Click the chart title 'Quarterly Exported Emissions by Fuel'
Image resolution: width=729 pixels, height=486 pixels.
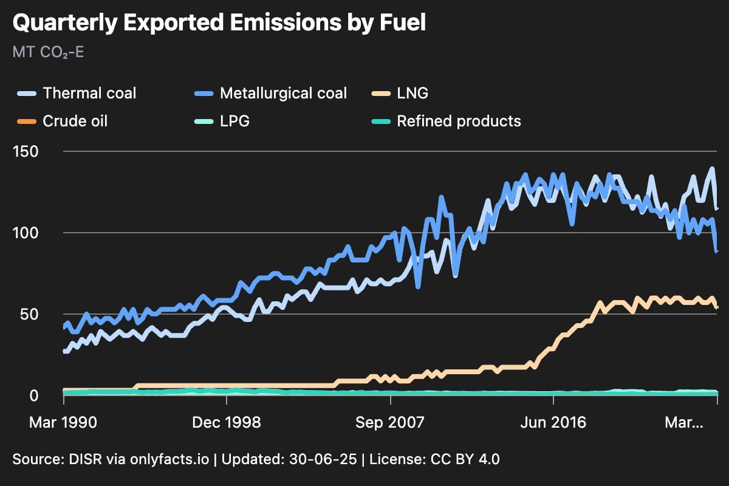tap(219, 23)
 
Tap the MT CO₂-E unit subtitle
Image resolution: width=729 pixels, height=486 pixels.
tap(48, 52)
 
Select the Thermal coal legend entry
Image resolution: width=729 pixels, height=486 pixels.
tap(77, 93)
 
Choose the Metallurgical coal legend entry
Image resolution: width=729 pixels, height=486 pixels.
tap(271, 93)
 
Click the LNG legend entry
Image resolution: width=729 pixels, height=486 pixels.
tap(400, 93)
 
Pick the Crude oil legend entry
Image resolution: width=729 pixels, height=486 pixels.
tap(62, 121)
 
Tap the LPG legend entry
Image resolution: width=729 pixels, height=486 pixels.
tap(222, 121)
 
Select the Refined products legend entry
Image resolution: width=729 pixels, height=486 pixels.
tap(446, 121)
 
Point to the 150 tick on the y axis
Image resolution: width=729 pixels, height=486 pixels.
tap(26, 152)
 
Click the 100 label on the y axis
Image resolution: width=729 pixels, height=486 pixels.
tap(26, 233)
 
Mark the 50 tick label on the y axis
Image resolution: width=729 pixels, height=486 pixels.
tap(29, 315)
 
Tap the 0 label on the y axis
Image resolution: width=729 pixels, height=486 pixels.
tap(34, 396)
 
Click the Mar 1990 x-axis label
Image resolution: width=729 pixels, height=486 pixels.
tap(63, 423)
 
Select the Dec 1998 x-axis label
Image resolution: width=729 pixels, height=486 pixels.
tap(227, 423)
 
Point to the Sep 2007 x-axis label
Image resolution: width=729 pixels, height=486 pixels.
tap(390, 423)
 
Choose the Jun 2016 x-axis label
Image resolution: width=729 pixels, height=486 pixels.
tap(553, 423)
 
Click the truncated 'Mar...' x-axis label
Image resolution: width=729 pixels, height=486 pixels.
tap(684, 423)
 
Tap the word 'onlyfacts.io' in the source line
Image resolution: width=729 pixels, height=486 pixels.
tap(169, 459)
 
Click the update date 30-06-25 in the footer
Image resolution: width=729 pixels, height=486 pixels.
tap(323, 459)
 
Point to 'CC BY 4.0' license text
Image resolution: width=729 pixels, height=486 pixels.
tap(465, 459)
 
